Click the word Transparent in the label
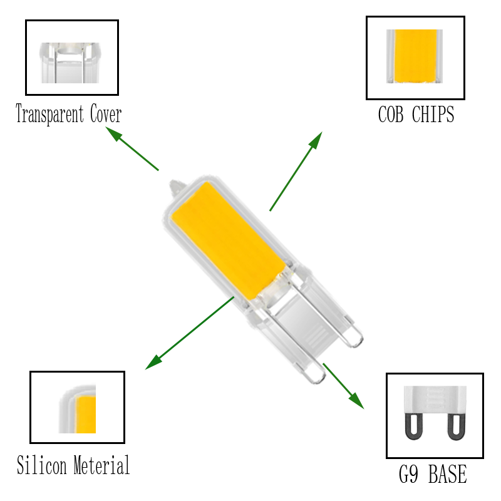point(49,115)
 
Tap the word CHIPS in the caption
point(433,115)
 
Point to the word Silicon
point(42,466)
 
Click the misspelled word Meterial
point(101,466)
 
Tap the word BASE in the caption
point(448,474)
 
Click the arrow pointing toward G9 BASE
point(343,386)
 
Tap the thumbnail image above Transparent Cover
point(71,58)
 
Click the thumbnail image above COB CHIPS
point(415,58)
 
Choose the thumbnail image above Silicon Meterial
point(77,407)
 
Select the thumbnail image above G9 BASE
point(435,416)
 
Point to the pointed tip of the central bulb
point(173,185)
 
